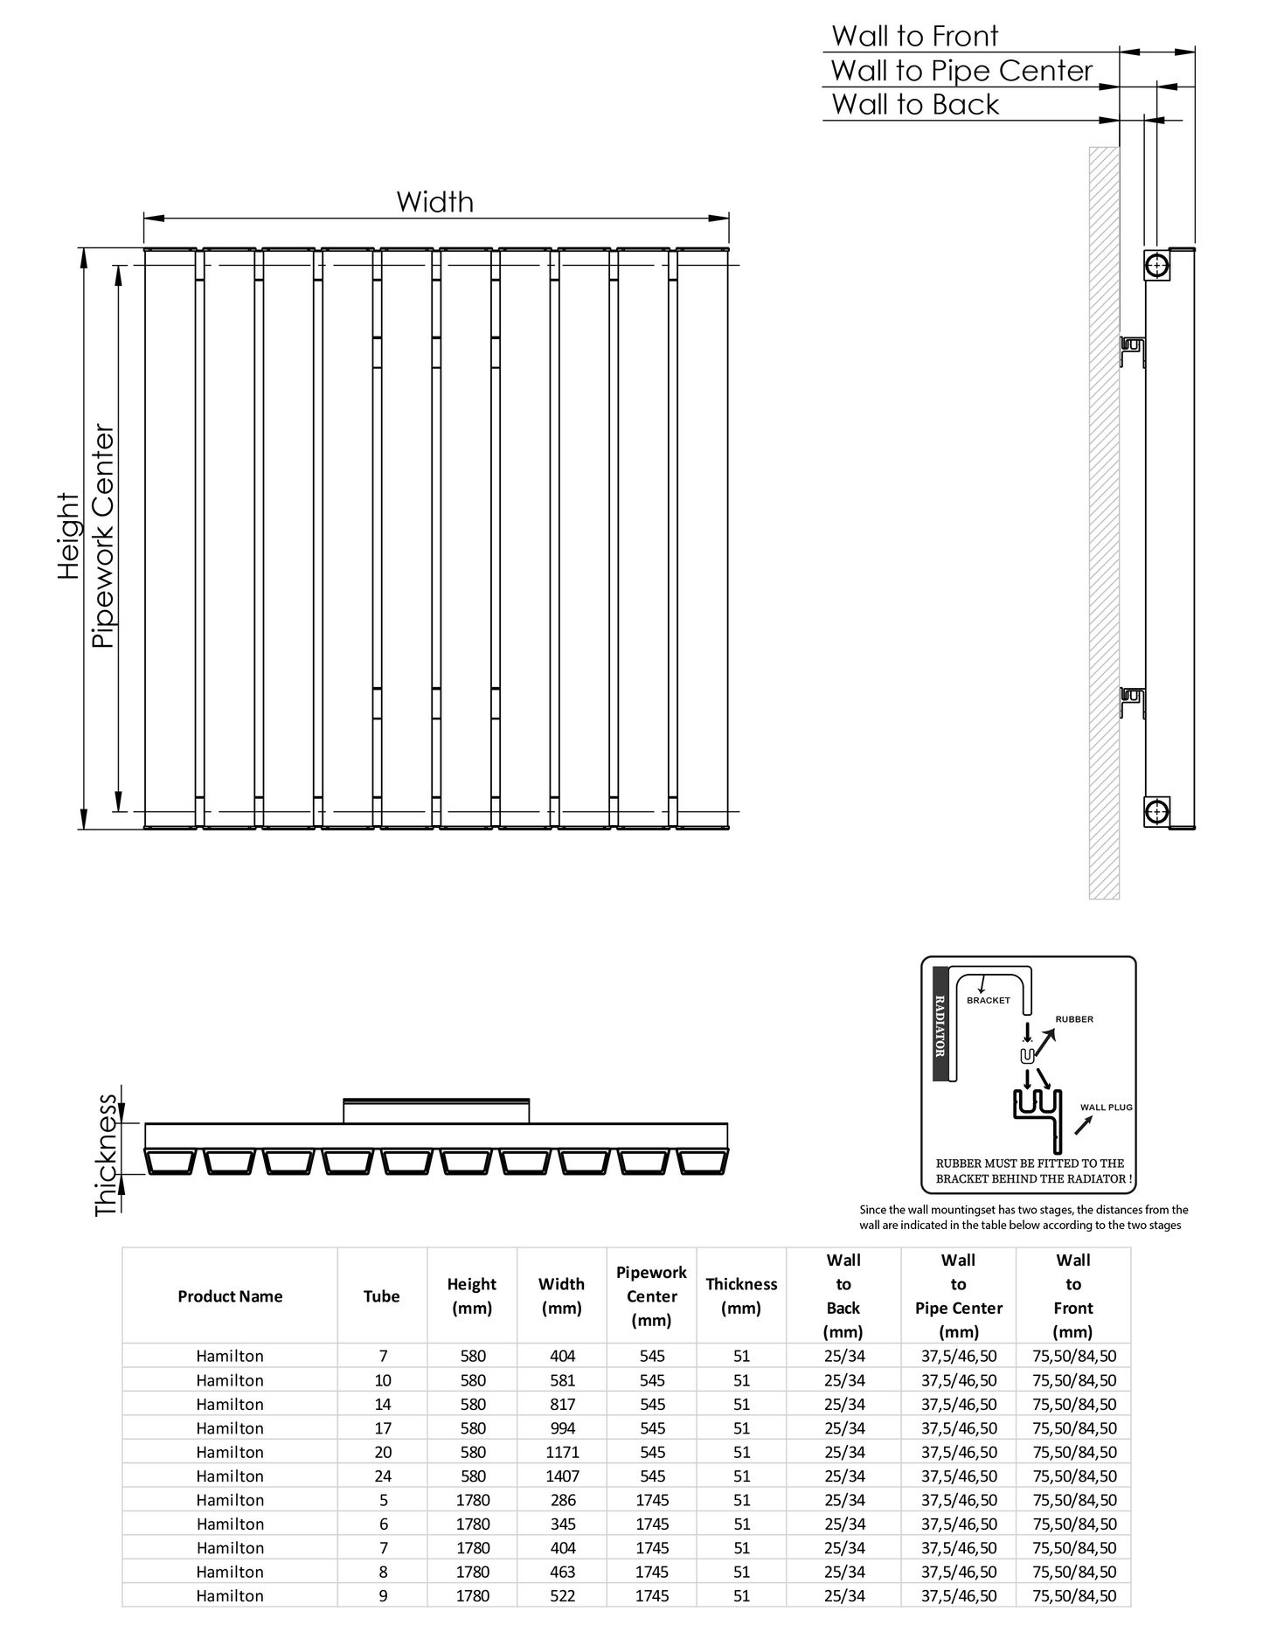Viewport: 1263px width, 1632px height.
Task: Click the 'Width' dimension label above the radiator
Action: pos(434,202)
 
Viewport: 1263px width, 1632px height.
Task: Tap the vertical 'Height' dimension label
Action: pos(68,536)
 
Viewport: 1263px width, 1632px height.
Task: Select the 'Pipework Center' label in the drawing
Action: pos(103,536)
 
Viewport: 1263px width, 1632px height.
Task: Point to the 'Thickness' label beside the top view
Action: pos(106,1155)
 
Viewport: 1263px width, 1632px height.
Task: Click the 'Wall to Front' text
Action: pos(914,37)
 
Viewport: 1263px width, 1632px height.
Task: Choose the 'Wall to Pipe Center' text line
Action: pos(961,71)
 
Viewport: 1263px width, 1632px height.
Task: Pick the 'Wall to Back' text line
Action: pos(915,105)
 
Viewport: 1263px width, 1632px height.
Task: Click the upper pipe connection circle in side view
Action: pos(1156,265)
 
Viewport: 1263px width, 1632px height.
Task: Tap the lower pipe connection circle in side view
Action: pos(1156,811)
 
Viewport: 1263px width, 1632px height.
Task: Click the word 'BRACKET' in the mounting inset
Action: pos(989,1000)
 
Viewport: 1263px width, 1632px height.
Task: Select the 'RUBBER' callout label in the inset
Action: pos(1074,1019)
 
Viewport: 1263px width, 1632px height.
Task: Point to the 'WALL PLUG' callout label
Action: pos(1106,1108)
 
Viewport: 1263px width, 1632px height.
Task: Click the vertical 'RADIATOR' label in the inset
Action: pos(940,1025)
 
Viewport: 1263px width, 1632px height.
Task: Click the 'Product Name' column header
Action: pos(230,1296)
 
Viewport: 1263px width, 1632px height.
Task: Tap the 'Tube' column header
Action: pos(382,1296)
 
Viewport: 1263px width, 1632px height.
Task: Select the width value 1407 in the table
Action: pos(562,1476)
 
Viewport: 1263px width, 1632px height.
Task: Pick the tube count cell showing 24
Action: pos(383,1476)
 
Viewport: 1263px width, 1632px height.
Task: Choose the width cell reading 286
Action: pos(562,1500)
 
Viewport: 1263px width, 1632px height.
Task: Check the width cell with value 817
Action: pos(562,1405)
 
